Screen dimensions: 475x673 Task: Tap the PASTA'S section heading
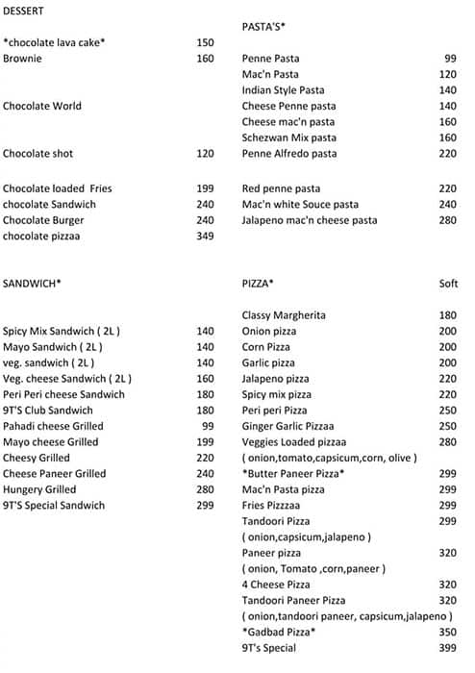(263, 26)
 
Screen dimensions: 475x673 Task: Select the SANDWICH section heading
(32, 284)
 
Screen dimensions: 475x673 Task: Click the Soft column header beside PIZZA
(447, 284)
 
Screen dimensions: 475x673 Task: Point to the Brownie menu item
(22, 59)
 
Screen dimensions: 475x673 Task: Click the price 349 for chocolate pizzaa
(205, 237)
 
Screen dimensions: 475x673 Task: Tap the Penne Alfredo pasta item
(289, 154)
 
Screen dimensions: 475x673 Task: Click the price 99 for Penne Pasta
(450, 59)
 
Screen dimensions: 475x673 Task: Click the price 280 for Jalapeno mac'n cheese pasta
(447, 221)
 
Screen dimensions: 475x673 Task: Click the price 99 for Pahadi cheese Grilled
(208, 426)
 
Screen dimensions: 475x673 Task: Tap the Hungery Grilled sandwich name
(39, 489)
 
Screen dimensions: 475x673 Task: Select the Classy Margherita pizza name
(284, 315)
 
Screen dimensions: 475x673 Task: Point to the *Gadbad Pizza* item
(279, 632)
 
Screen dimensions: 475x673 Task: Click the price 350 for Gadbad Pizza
(447, 632)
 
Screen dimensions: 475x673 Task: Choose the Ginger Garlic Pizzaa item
(287, 426)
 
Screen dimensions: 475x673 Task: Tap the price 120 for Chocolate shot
(205, 154)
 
